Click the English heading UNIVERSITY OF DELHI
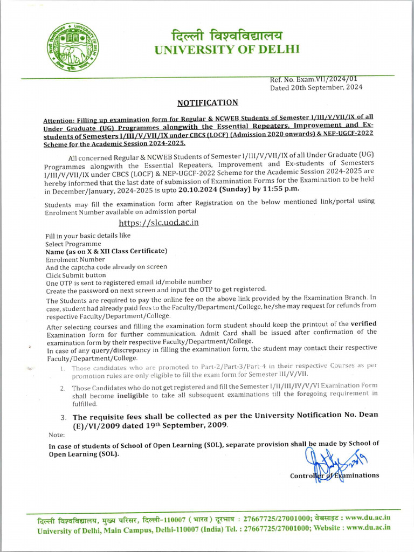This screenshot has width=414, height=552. (x=226, y=51)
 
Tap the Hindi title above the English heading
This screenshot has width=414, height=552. (x=226, y=36)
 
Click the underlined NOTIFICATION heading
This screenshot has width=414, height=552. (x=208, y=102)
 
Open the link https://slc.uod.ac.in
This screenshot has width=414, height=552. (x=159, y=222)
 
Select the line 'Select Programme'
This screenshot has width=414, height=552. (x=73, y=244)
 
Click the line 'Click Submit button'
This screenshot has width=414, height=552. (x=75, y=274)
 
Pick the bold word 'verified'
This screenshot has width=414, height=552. (x=363, y=323)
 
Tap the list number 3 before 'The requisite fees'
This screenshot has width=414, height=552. (x=63, y=417)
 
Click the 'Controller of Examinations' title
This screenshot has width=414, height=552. (x=334, y=475)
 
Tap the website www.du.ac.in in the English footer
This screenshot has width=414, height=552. (x=369, y=528)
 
